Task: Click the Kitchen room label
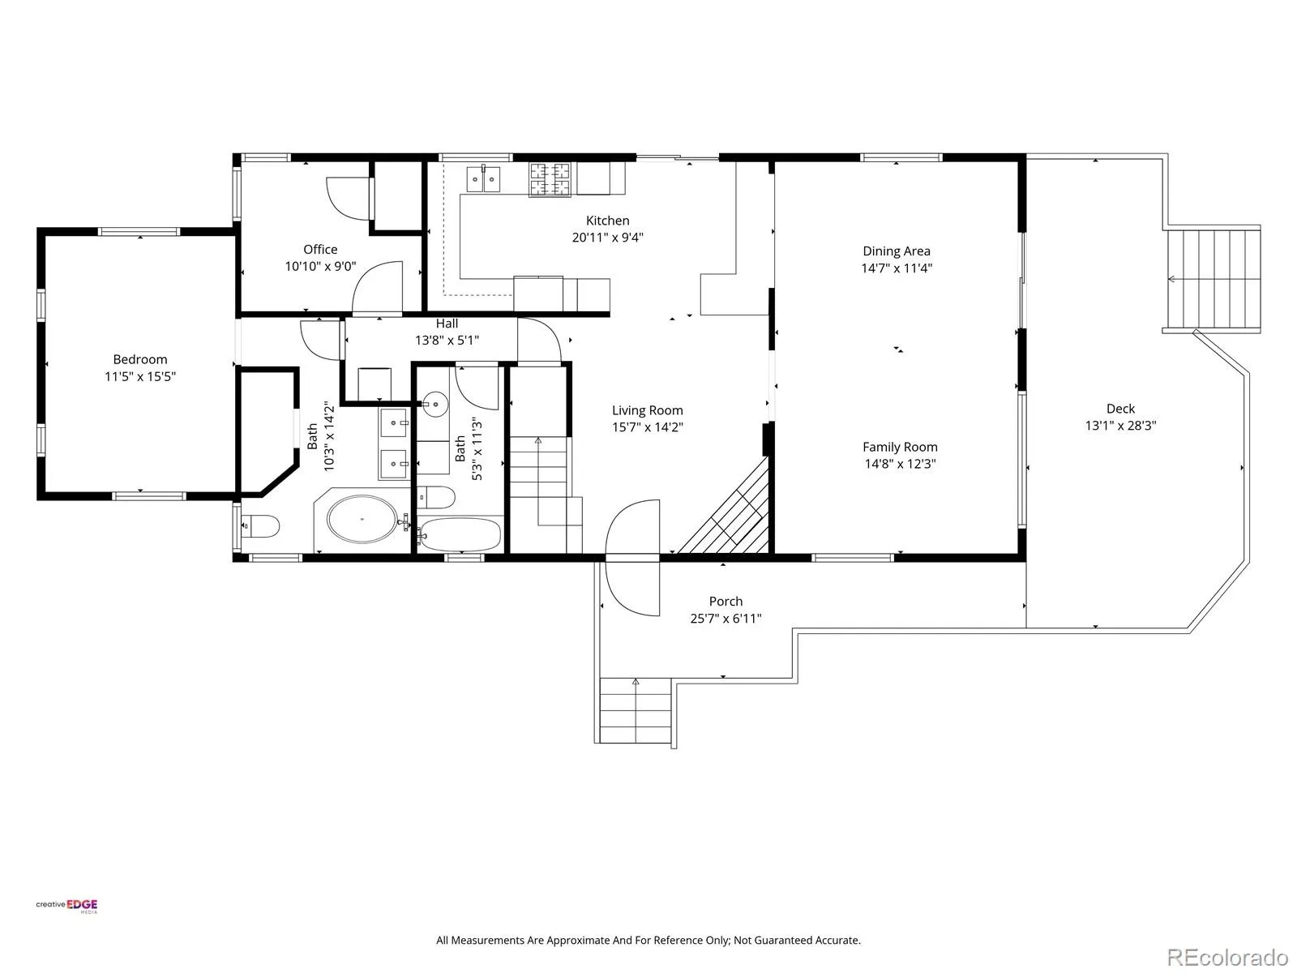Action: click(x=607, y=221)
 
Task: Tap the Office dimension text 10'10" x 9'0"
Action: click(x=320, y=267)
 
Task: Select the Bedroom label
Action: click(x=140, y=359)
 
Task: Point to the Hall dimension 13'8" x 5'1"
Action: click(x=447, y=341)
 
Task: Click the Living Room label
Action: click(x=647, y=410)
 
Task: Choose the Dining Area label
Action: click(x=897, y=251)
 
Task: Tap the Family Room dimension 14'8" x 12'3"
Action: click(x=900, y=464)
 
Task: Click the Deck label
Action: click(x=1120, y=408)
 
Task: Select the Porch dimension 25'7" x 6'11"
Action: click(x=726, y=619)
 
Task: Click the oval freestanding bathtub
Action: click(x=362, y=519)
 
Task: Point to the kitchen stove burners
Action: click(x=550, y=179)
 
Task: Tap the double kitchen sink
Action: click(x=483, y=178)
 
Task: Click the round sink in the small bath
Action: click(x=435, y=404)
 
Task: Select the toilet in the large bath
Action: click(x=260, y=525)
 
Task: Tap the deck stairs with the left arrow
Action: click(x=1213, y=279)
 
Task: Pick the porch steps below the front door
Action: click(x=636, y=710)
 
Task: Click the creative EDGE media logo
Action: click(x=66, y=906)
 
